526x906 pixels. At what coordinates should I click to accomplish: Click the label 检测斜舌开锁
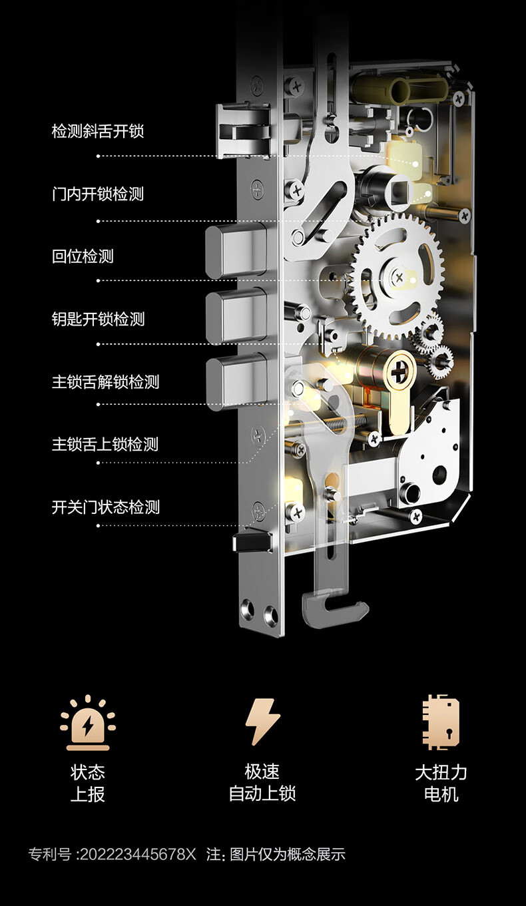(98, 131)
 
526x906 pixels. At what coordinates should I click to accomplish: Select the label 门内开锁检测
(98, 194)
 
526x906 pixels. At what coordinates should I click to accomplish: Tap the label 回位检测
(83, 256)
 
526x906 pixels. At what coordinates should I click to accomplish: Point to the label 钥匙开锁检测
(98, 320)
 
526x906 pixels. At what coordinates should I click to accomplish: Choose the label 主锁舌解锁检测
(105, 382)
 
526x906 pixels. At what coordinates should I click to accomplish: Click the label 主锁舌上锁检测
(105, 444)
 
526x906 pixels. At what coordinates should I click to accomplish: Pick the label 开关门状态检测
(106, 507)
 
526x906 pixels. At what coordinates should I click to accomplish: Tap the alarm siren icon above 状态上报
(88, 722)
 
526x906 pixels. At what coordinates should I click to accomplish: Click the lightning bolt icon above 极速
(262, 722)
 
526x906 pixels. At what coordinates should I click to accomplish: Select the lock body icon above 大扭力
(441, 722)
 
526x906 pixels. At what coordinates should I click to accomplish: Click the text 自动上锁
(262, 794)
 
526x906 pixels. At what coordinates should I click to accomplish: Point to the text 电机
(441, 794)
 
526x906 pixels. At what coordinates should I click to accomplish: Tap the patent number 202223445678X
(138, 855)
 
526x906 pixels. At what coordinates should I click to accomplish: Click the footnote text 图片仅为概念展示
(288, 855)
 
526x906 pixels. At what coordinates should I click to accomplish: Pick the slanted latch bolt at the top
(240, 130)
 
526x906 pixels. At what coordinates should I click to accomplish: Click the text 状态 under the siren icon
(88, 772)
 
